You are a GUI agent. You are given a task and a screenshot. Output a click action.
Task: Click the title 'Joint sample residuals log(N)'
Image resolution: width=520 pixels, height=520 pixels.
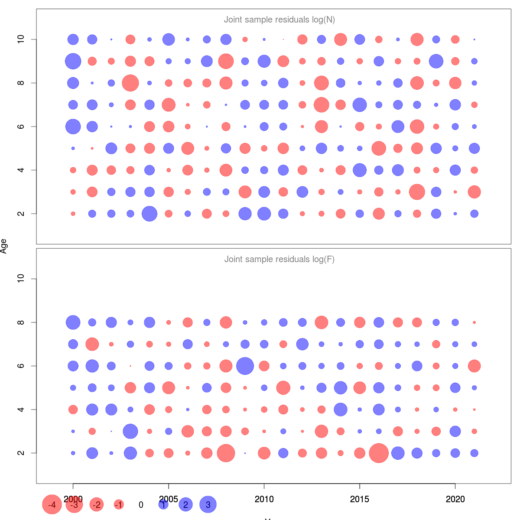coord(279,19)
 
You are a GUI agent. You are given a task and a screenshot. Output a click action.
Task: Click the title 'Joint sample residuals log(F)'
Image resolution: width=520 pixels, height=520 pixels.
coord(279,259)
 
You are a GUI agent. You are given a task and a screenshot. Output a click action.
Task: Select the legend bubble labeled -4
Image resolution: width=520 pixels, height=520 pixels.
coord(52,504)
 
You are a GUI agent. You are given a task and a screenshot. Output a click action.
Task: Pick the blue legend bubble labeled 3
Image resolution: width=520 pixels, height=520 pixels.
coord(208,504)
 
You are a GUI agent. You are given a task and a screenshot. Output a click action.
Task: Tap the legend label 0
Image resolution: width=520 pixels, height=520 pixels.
coord(141,505)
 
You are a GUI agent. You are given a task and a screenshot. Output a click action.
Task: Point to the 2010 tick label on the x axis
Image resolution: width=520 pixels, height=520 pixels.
coord(264,499)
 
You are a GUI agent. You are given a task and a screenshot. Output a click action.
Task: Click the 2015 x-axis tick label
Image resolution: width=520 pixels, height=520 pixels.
coord(360,499)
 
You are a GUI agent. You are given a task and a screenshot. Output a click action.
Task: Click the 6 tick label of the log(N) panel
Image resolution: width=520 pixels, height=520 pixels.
coord(20,127)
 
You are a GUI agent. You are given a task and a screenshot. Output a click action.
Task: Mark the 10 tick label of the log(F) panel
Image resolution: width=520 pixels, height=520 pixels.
coord(20,279)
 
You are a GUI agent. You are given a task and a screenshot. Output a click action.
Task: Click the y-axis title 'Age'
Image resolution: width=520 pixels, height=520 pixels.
coord(4,246)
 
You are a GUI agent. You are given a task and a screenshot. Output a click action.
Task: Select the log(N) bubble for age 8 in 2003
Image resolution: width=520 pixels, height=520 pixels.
coord(130,83)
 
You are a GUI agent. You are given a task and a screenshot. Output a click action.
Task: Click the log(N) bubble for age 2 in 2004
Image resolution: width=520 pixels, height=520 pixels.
coord(149,214)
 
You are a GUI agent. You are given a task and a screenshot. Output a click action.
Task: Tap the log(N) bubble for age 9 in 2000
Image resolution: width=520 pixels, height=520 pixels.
coord(73,61)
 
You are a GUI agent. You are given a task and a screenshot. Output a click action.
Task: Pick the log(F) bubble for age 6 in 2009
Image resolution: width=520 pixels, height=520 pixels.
coord(245,366)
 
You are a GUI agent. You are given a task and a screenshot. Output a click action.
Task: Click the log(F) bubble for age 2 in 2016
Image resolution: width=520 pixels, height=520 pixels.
coord(379,453)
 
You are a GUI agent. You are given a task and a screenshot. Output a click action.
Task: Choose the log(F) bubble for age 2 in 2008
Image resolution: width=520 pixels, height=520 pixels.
coord(226,453)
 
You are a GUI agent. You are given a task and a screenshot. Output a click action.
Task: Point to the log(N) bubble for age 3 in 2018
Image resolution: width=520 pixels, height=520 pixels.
coord(417,192)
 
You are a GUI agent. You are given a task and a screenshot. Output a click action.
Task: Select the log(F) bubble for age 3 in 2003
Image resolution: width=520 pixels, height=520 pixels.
coord(130,431)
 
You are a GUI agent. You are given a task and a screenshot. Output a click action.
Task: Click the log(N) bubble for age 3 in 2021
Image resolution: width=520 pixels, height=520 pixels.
coord(474,192)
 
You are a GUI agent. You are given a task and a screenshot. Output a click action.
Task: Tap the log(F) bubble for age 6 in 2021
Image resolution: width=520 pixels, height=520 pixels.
coord(474,366)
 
